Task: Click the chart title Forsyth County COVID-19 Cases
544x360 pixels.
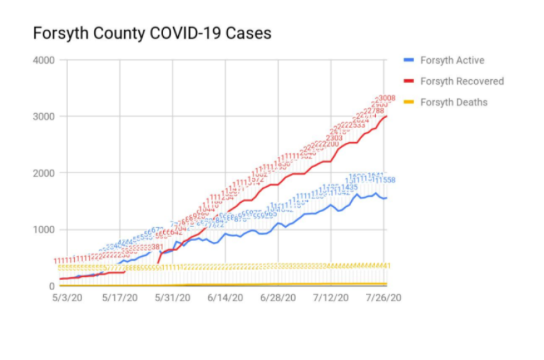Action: tap(152, 33)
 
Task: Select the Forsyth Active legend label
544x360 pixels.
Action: tap(452, 60)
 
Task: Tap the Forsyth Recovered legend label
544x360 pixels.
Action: tap(462, 81)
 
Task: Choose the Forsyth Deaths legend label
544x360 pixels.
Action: tap(454, 102)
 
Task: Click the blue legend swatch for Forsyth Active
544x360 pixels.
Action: tap(409, 60)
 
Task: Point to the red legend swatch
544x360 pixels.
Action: tap(409, 81)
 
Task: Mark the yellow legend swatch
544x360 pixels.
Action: tap(409, 102)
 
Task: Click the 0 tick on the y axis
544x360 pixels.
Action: tap(51, 286)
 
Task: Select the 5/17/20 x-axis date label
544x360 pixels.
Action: tap(119, 298)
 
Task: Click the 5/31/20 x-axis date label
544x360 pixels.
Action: tap(172, 298)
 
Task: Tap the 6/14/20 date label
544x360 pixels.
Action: tap(226, 298)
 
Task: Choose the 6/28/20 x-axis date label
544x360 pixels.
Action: tap(278, 298)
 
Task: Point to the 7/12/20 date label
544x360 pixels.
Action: tap(331, 298)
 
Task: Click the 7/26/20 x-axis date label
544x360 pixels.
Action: tap(383, 298)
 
